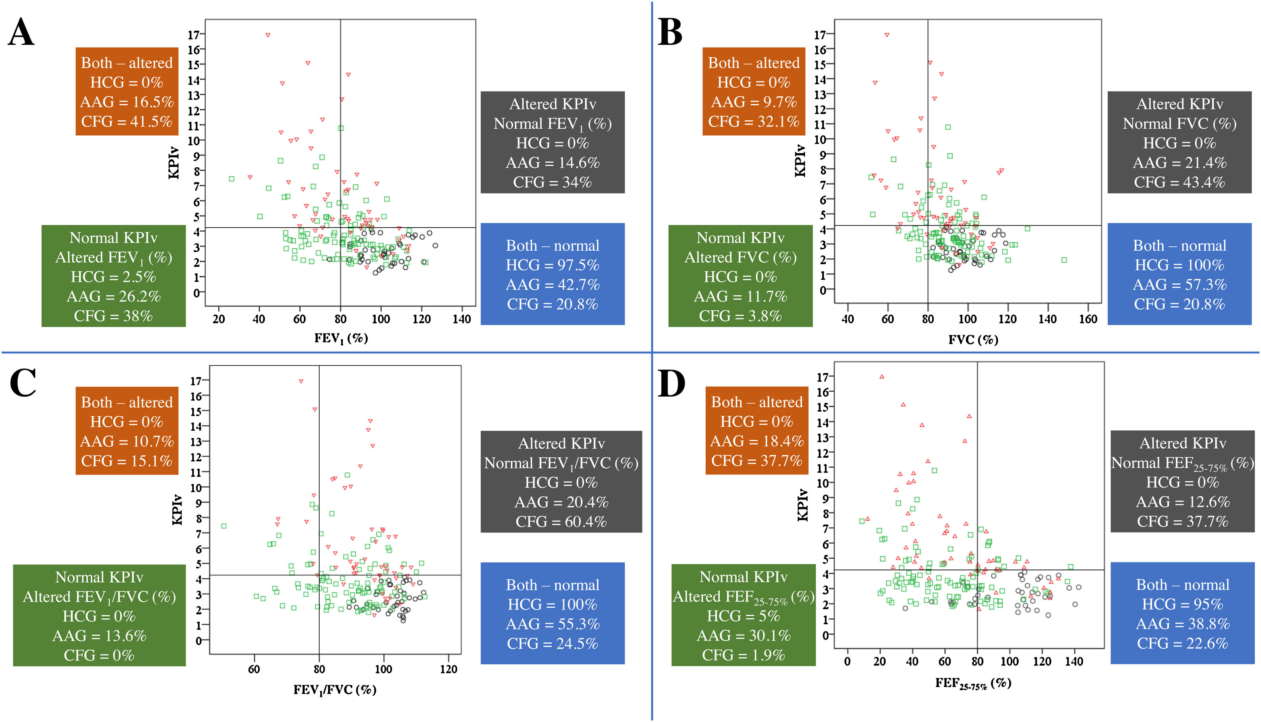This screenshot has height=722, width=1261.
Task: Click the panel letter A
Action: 21,32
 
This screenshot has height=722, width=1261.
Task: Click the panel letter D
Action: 671,384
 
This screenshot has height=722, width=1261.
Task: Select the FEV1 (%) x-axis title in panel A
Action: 341,339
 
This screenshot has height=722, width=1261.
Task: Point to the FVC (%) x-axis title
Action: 973,340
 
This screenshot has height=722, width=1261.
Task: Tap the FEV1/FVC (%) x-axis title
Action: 335,690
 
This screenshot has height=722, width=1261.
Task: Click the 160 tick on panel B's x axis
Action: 1088,319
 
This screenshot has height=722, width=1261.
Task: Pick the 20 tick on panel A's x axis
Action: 218,319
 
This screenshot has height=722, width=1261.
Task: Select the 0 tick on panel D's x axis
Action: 847,662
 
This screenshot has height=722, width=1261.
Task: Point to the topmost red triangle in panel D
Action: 881,377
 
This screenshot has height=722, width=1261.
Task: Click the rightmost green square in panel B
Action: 1064,260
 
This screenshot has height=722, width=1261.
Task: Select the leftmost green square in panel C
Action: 224,526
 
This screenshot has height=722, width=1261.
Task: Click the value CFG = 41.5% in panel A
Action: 127,122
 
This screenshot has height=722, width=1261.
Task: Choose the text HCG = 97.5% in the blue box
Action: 552,265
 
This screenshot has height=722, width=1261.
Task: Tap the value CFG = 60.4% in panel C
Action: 561,522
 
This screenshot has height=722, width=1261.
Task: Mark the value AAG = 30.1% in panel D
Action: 743,636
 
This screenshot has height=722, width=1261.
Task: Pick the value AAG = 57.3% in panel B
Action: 1179,285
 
